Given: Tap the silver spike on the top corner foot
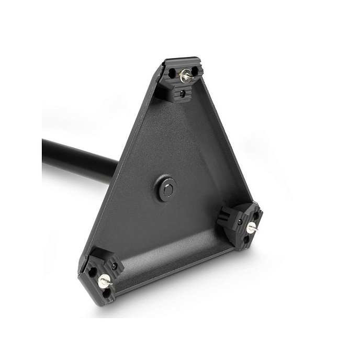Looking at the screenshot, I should [185, 76].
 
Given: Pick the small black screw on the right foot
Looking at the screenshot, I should [239, 222].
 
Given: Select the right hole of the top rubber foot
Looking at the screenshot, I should [195, 71].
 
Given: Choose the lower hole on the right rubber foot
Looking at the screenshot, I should [246, 240].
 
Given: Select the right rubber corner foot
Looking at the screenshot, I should [242, 224].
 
